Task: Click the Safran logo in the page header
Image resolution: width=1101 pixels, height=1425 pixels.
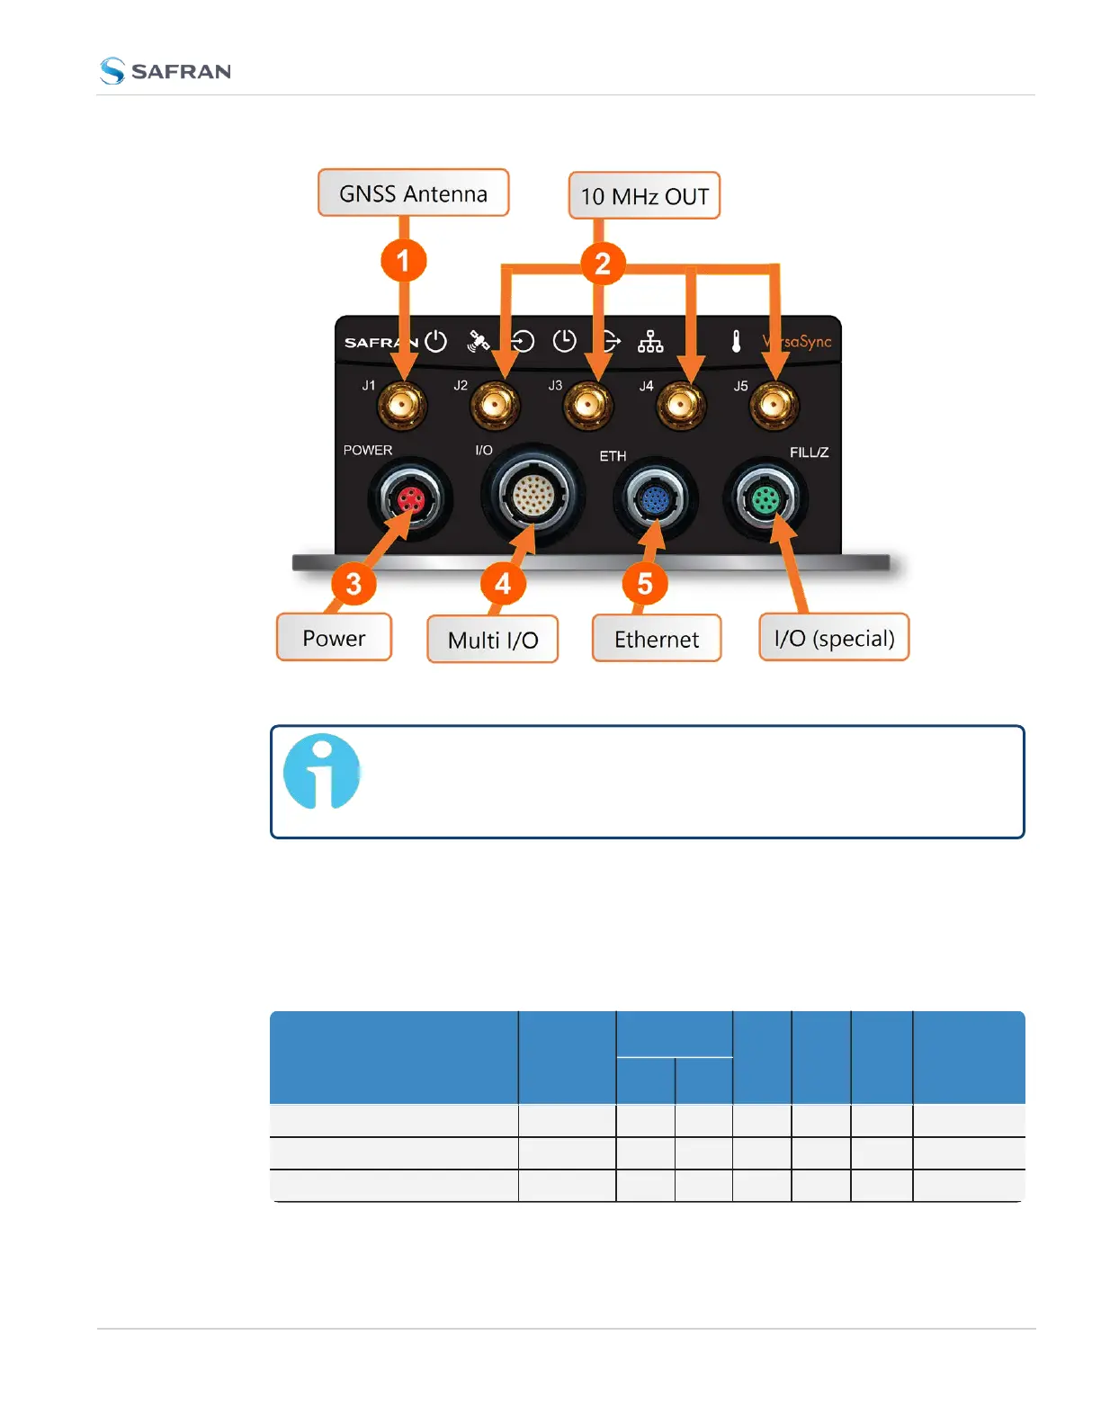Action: point(166,71)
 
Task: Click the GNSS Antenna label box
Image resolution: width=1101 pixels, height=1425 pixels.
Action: point(413,193)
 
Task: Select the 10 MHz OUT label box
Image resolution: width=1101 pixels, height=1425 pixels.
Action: point(644,196)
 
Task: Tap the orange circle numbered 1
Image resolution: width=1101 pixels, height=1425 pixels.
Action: point(403,261)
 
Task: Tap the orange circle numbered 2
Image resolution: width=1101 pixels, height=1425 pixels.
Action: point(603,264)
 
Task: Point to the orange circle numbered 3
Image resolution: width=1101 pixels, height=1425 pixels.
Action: point(354,584)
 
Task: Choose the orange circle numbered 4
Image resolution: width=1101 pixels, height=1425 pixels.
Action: point(502,584)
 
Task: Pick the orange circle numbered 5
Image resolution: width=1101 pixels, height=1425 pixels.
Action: point(645,584)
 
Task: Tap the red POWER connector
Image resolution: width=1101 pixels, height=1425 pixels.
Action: point(410,499)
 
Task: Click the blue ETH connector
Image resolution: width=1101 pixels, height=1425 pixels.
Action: point(655,499)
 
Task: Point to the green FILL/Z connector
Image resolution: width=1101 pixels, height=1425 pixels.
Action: point(765,498)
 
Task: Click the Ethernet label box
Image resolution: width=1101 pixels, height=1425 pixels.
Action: point(657,639)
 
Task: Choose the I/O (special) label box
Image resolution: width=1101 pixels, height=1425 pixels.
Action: point(834,638)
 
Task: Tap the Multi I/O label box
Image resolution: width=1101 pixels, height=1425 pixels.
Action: point(493,640)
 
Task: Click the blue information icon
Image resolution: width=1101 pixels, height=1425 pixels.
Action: point(321,772)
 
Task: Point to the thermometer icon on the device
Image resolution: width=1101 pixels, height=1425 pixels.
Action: point(736,342)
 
